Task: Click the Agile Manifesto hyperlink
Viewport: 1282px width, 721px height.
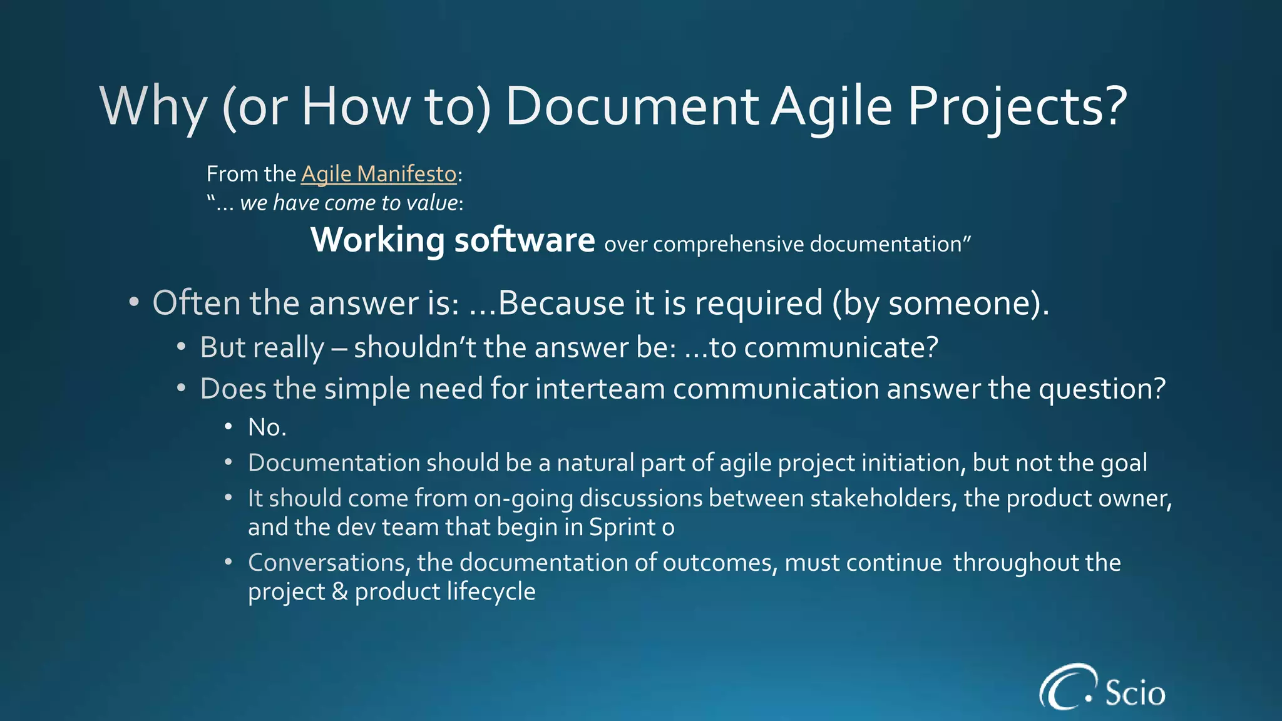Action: click(379, 174)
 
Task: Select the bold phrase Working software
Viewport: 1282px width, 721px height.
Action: click(453, 240)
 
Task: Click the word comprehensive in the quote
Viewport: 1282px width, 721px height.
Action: click(729, 244)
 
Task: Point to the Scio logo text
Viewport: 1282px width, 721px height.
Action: click(1135, 693)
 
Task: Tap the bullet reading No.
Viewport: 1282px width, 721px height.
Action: click(267, 427)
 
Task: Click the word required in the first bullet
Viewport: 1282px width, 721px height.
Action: click(758, 304)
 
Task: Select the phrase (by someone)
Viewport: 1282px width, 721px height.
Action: click(939, 304)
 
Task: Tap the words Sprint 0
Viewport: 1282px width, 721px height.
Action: click(631, 527)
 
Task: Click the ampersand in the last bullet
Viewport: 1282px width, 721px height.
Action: click(339, 591)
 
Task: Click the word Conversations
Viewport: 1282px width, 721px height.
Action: click(328, 563)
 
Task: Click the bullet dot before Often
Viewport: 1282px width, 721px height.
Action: click(133, 303)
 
